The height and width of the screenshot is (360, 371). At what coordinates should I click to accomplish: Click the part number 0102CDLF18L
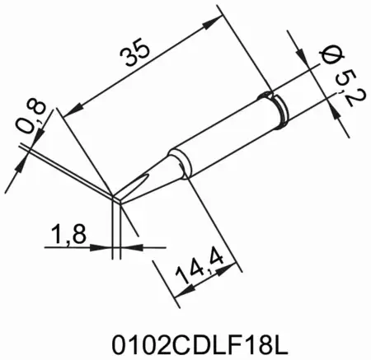[185, 338]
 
